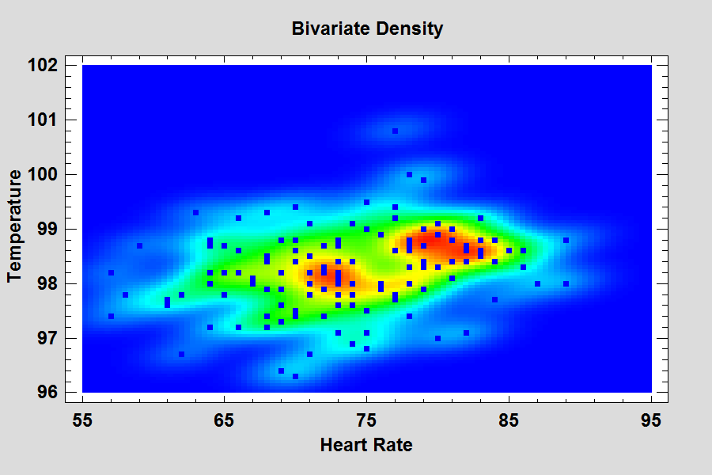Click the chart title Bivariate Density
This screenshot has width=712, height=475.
(366, 29)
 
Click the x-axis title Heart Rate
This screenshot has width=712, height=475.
(365, 446)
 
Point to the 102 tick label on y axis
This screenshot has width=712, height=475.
(44, 65)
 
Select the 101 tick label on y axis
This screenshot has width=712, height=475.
(44, 120)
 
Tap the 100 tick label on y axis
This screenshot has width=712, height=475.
(44, 174)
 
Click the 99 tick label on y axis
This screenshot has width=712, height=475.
(48, 229)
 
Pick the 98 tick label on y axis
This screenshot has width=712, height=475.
(48, 283)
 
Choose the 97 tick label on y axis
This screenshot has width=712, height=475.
(48, 338)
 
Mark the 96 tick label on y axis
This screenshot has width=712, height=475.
(48, 393)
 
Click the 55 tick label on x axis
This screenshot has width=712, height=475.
(82, 419)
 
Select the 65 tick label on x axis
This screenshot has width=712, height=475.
(225, 419)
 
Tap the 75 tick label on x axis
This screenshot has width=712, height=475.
(366, 419)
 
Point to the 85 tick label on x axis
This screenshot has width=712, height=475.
(509, 419)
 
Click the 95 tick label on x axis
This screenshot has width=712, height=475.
(651, 419)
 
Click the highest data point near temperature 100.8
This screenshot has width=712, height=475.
(395, 131)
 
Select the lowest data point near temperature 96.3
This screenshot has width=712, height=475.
(295, 376)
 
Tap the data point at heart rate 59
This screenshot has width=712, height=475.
(139, 245)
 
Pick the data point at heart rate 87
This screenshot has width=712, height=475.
(537, 283)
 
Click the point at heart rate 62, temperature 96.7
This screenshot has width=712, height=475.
(182, 354)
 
